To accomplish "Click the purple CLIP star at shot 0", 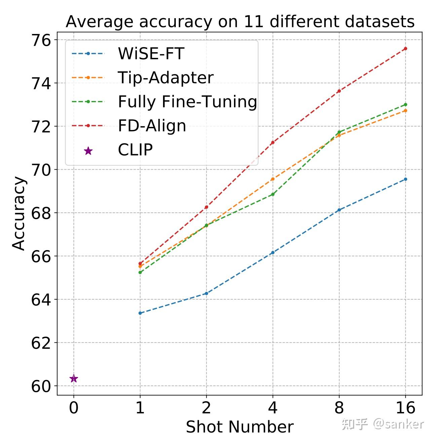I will (74, 379).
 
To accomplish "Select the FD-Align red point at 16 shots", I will (405, 48).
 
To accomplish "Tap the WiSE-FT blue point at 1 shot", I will (140, 313).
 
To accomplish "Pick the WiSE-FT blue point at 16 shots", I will (405, 179).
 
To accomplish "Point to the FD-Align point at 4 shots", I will (273, 142).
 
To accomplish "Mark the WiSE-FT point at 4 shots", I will (273, 252).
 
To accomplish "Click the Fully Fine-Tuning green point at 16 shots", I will (405, 104).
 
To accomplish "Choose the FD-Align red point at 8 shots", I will (339, 91).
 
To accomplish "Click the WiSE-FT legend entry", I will (151, 54).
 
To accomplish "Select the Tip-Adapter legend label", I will (165, 78).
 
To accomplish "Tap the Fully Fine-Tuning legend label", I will (187, 102).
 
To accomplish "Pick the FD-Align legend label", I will (152, 126).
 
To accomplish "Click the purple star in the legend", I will (88, 151).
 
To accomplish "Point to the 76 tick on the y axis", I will (41, 40).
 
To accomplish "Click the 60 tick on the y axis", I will (41, 386).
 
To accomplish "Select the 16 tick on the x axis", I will (405, 408).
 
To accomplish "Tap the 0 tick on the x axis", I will (74, 408).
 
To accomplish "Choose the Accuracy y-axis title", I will (19, 213).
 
